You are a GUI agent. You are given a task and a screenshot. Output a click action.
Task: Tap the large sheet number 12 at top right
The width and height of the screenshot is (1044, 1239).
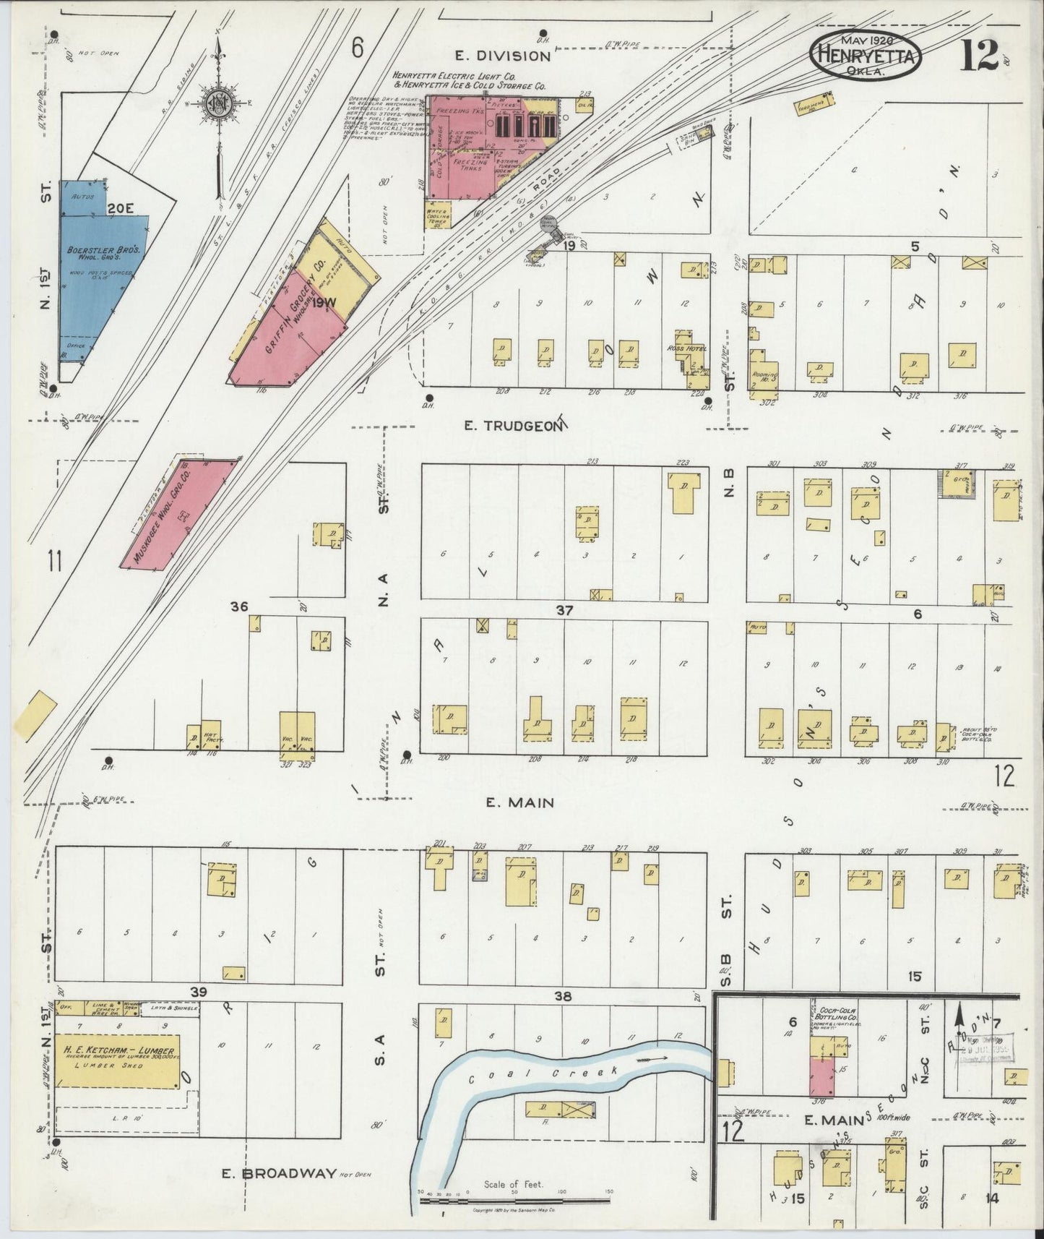tap(979, 56)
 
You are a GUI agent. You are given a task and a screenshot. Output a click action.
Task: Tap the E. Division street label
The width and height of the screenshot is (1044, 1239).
tap(503, 56)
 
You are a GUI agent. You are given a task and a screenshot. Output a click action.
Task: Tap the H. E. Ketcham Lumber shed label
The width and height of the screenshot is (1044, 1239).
tap(118, 1050)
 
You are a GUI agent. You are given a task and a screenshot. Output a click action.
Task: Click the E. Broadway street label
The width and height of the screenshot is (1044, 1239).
tap(279, 1173)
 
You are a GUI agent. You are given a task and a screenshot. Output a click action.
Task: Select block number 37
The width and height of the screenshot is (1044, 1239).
tap(564, 611)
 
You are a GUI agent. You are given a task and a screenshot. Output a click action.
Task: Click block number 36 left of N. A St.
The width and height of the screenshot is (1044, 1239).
tap(240, 606)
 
